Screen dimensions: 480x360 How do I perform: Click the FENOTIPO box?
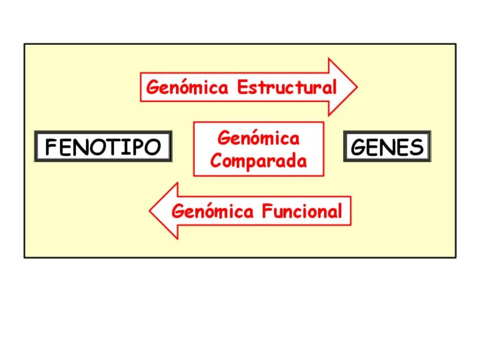[103, 147]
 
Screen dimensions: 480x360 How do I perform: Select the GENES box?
[387, 147]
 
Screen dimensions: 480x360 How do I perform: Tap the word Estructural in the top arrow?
[287, 87]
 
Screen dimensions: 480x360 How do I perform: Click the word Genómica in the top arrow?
[187, 87]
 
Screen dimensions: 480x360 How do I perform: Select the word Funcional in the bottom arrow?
[302, 211]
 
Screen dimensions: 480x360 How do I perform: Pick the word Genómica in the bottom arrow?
[213, 211]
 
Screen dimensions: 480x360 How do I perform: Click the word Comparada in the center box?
[259, 161]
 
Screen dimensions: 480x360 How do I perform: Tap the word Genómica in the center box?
[259, 138]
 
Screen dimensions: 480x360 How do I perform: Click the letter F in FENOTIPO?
[52, 147]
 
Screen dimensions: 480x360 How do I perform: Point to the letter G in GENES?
[359, 147]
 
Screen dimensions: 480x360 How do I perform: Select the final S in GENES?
[417, 147]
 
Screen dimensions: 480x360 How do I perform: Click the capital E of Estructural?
[242, 87]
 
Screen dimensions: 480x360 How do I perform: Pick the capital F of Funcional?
[267, 211]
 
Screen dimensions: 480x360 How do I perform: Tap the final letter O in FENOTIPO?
[152, 147]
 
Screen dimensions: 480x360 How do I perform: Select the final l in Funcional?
[340, 211]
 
